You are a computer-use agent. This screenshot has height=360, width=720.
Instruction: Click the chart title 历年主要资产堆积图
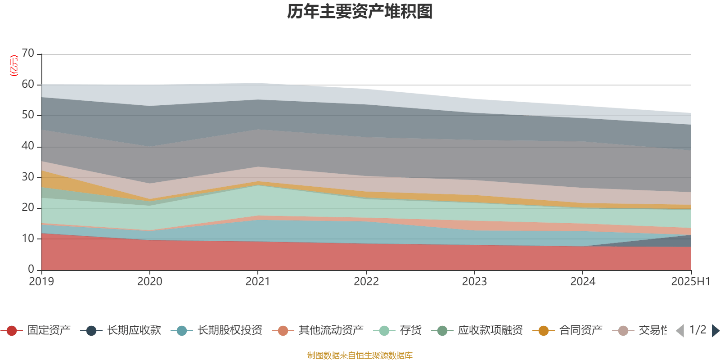360,12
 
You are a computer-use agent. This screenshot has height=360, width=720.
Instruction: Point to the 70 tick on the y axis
28,54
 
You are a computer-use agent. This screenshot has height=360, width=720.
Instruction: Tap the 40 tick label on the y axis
28,146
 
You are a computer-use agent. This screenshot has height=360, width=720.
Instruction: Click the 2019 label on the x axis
41,282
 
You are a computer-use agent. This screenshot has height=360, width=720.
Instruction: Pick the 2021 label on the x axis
257,282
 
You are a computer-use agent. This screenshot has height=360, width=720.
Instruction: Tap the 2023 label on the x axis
474,282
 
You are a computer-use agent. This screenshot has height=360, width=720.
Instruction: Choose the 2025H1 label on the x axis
690,282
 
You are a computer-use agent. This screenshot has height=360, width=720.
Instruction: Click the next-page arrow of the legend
715,331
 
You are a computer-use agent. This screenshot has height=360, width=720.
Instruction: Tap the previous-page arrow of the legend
680,331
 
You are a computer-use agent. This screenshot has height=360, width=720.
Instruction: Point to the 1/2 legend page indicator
697,330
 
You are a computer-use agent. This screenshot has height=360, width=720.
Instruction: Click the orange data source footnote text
360,355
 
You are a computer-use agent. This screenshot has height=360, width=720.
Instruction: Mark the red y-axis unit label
13,66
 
